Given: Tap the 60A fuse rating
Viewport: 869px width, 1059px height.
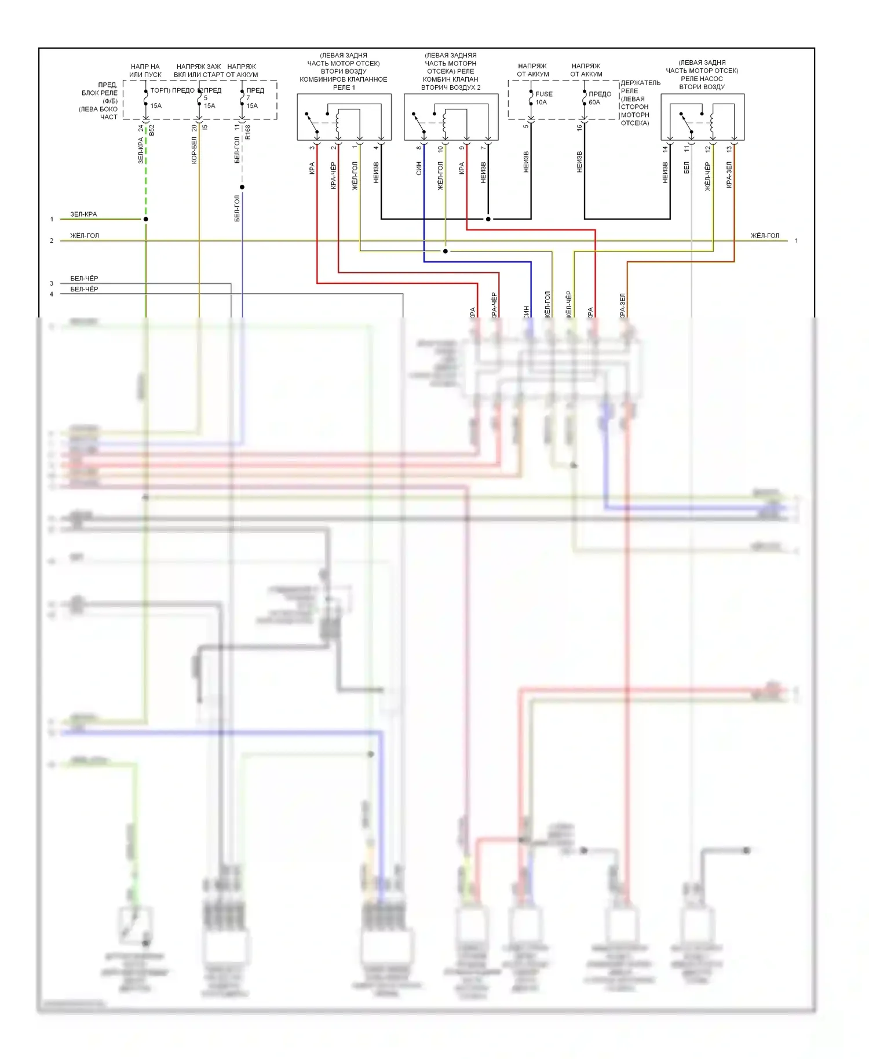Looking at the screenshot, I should (x=594, y=103).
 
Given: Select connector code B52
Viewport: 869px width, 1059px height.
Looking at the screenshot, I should (x=152, y=130).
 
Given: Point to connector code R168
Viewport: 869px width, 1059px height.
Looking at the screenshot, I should (x=248, y=132).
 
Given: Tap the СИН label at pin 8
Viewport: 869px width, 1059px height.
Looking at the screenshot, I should (x=419, y=169).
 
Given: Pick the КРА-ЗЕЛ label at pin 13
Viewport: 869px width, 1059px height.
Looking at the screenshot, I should (x=729, y=175).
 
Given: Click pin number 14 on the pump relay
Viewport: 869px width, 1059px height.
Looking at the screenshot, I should (x=665, y=148).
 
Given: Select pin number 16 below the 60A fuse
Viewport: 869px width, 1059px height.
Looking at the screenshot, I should (x=579, y=127).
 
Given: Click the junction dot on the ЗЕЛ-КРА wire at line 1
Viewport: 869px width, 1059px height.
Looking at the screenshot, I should (x=146, y=219).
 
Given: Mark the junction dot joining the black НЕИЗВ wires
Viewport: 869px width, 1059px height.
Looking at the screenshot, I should (x=488, y=219).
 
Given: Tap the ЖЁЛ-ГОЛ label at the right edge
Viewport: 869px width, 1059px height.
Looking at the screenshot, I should (x=765, y=236).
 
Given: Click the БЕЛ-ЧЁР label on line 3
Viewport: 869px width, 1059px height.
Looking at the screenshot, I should (x=84, y=279).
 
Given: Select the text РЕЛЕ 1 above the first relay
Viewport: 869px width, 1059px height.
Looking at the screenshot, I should (x=344, y=87).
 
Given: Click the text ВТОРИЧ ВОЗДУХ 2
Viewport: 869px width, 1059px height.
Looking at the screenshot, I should (x=451, y=87).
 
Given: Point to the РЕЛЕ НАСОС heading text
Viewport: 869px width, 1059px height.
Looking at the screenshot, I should (x=702, y=79).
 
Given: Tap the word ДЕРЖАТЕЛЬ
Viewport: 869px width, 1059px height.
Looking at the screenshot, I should (x=640, y=83).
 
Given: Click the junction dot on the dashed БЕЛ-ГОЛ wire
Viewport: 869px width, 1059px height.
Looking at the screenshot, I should (x=242, y=187).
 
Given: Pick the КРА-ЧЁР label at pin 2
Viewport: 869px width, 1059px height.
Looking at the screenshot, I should (x=333, y=176).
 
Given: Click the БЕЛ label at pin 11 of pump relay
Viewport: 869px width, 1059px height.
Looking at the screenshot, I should (x=687, y=168).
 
